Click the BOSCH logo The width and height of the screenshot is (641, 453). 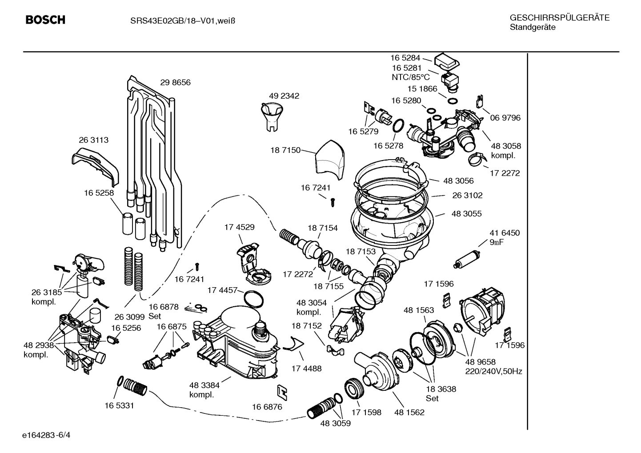(45, 20)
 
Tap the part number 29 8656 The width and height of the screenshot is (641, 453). (175, 83)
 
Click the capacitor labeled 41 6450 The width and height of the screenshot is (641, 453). (466, 260)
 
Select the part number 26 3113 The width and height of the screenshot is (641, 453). (93, 140)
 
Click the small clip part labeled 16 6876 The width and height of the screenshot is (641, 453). (281, 391)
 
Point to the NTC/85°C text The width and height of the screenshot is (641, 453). (410, 77)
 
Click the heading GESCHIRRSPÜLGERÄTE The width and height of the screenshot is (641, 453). (559, 18)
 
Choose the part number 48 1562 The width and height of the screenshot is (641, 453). (409, 412)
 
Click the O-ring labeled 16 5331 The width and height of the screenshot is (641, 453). (120, 381)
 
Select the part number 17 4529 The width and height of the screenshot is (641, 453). (239, 227)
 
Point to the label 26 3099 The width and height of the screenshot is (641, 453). (129, 317)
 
